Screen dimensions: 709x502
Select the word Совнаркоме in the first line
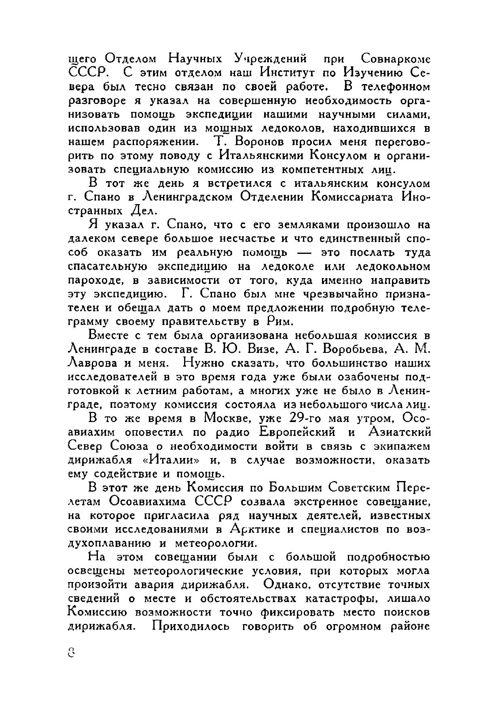click(395, 59)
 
